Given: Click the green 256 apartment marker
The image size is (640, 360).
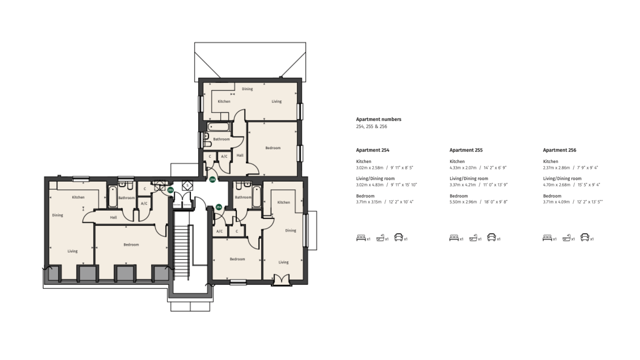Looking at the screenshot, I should pos(212,180).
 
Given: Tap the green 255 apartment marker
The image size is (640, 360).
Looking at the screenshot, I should pos(170,190).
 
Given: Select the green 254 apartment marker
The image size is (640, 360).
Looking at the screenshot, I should pos(219,207).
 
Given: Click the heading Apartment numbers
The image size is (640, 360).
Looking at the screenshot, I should pos(378,119).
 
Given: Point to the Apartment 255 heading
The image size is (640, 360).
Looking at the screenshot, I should pos(466,150).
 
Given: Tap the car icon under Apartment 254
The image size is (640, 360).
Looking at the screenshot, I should pos(398,237).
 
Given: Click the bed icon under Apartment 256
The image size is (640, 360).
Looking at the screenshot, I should pos(547,238).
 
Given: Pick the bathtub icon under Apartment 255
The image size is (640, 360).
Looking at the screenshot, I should pos(473,238).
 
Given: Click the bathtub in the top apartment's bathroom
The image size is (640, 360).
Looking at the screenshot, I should pos(218,127).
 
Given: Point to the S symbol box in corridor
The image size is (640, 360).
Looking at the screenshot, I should pos(187,185).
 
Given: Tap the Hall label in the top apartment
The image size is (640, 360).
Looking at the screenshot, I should pos(240,155).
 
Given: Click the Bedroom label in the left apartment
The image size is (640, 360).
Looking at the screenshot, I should pos(131,245).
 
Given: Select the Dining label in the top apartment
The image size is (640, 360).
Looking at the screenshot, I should pos(247,89).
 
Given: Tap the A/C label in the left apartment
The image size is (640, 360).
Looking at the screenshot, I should pos(144,203).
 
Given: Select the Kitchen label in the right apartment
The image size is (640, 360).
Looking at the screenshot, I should pos(283,202).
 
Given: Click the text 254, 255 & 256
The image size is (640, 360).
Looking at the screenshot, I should pos(371,127).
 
